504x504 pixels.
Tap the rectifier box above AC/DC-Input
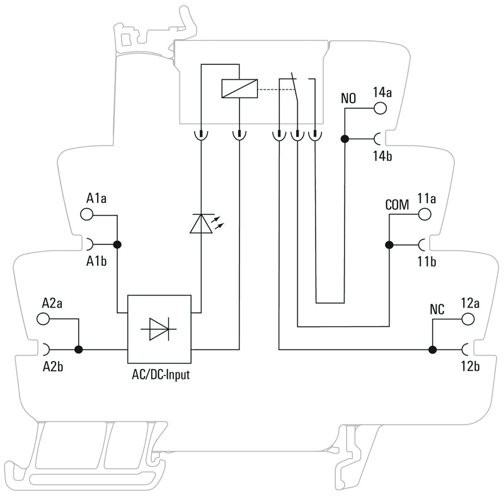tap(159, 329)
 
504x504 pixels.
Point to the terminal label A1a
tap(96, 199)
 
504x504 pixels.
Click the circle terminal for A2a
tap(44, 319)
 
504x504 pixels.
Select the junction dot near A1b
tap(117, 244)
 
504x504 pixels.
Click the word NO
tap(348, 99)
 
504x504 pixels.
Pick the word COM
tap(397, 205)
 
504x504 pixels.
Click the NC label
tap(437, 310)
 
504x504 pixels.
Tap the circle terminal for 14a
tap(380, 108)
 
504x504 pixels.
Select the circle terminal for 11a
tap(425, 214)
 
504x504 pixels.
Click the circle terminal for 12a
tap(468, 319)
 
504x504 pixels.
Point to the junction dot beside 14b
tap(345, 139)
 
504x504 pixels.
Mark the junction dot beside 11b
tap(389, 244)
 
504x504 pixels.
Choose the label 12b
tap(470, 365)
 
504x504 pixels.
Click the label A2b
tap(52, 365)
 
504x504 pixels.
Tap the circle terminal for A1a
tap(87, 214)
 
